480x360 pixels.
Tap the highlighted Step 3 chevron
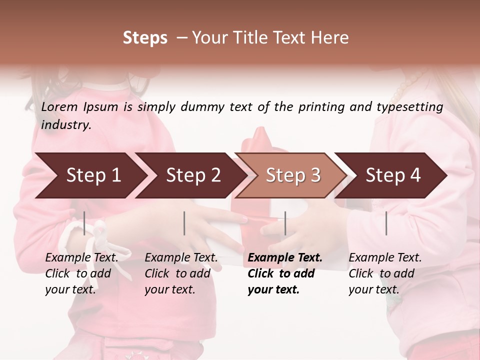click(293, 175)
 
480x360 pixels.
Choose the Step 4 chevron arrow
click(393, 175)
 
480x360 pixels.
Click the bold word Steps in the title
click(145, 38)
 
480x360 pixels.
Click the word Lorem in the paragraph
click(59, 107)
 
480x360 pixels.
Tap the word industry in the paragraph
click(65, 125)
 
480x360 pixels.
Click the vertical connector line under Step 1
click(84, 223)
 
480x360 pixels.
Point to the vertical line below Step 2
click(184, 223)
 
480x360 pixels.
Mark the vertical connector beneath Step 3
click(285, 223)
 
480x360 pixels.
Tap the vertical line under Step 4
click(386, 223)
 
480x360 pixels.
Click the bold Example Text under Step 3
click(285, 258)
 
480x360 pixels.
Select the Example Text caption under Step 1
click(81, 258)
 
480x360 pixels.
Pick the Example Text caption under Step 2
click(181, 258)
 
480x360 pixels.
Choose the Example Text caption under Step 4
click(385, 258)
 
